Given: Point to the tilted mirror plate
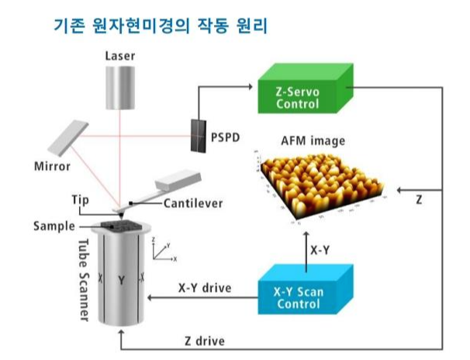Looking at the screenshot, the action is (68, 139).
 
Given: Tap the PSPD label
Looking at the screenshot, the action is (223, 137).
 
